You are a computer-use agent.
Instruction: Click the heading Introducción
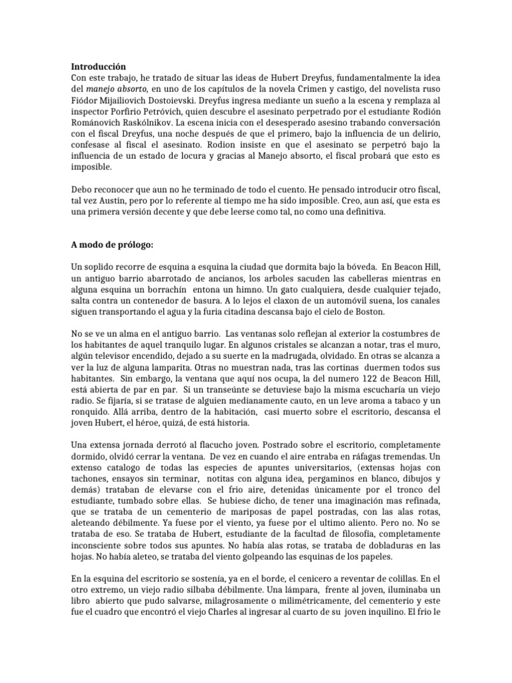pos(98,67)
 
